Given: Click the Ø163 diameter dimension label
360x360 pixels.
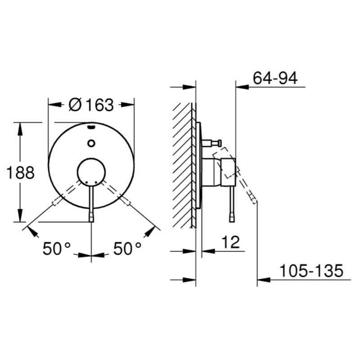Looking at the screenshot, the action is pos(91,105).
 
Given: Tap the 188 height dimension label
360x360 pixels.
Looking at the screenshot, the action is pos(20,173).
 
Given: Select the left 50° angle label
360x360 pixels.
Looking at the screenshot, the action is pos(57,248).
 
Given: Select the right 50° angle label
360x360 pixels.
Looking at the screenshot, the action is pos(127,248).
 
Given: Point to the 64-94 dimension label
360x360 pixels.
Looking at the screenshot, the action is pos(275,78).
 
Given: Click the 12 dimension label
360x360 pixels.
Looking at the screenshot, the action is pos(230,242).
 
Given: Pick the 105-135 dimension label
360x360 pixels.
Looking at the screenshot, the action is pos(311,270).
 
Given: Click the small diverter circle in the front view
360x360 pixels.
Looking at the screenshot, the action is pos(91,143).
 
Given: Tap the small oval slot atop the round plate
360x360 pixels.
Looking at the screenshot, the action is pos(91,127).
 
